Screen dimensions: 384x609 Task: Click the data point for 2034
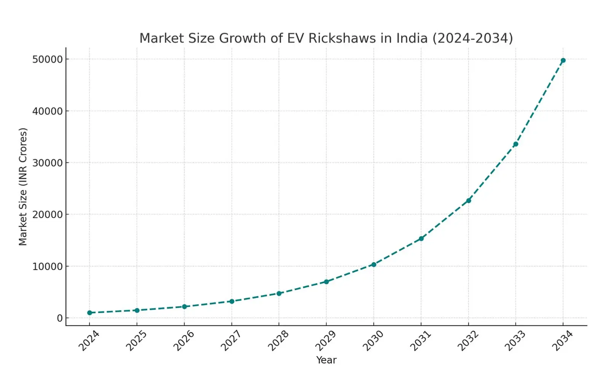(x=563, y=60)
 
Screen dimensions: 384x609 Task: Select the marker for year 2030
(x=374, y=265)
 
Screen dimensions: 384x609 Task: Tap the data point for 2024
(x=89, y=313)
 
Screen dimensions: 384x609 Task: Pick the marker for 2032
(x=469, y=201)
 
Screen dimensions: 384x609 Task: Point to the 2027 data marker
(x=232, y=301)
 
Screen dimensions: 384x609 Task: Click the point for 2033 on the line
(x=516, y=144)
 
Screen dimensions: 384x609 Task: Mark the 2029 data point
(x=326, y=282)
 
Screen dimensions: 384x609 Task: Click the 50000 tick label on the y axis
(x=47, y=59)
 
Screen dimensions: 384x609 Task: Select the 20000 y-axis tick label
(x=47, y=214)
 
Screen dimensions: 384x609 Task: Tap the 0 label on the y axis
(x=60, y=318)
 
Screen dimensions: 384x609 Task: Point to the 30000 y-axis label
(x=47, y=163)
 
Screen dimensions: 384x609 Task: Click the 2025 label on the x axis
(x=136, y=341)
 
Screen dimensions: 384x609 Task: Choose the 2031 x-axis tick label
(x=420, y=341)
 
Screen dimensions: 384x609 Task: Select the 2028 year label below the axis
(x=278, y=341)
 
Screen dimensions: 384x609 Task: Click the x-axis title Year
(x=326, y=360)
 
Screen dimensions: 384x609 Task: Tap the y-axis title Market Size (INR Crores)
(x=23, y=187)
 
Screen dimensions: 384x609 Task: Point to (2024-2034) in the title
(x=472, y=38)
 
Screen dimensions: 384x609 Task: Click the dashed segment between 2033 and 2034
(x=540, y=102)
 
